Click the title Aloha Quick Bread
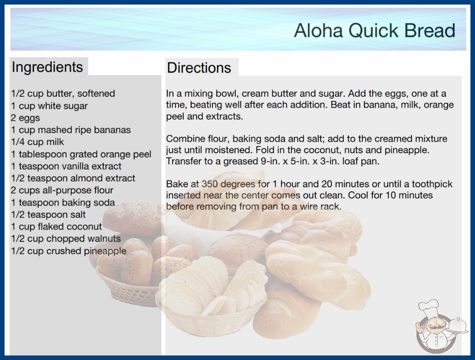(375, 30)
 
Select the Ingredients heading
(47, 67)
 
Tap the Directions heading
(199, 68)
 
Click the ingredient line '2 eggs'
(25, 118)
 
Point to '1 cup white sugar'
(49, 106)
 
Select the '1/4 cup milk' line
(38, 142)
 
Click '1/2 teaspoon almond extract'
(73, 178)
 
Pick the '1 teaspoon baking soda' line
(63, 202)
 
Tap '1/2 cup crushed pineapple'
(69, 251)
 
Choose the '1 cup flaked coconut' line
(56, 226)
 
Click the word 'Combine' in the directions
(185, 139)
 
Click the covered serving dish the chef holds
(457, 326)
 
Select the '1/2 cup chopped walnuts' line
(66, 239)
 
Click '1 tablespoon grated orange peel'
(81, 154)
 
